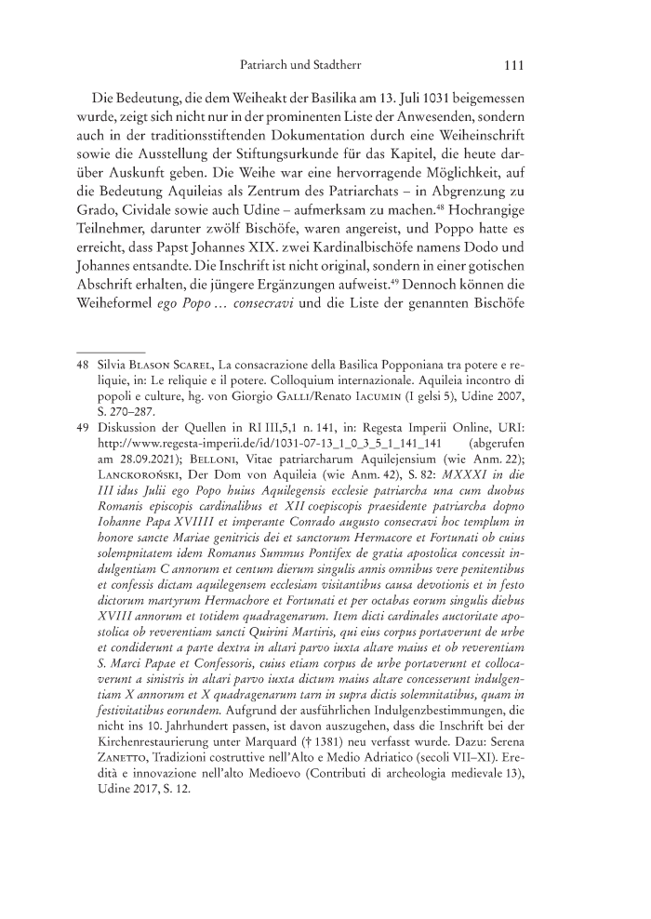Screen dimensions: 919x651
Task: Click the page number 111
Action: [515, 66]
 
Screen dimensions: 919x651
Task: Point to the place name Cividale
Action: [151, 215]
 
